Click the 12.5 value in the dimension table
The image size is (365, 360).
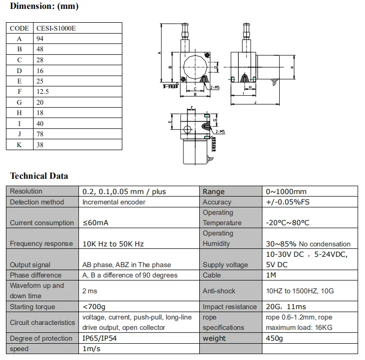click(x=42, y=91)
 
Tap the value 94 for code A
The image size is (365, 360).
click(x=40, y=39)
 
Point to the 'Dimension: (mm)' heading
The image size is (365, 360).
click(x=44, y=7)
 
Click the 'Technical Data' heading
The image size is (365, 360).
click(x=39, y=176)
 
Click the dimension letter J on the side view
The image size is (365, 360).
click(x=255, y=102)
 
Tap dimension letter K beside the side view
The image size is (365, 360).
click(x=292, y=68)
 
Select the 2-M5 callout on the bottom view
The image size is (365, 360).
click(x=219, y=132)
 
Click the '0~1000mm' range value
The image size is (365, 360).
click(x=286, y=192)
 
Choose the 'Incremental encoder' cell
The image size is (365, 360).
click(x=113, y=202)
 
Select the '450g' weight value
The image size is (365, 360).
click(x=275, y=338)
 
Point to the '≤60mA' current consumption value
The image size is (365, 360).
click(x=95, y=223)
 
